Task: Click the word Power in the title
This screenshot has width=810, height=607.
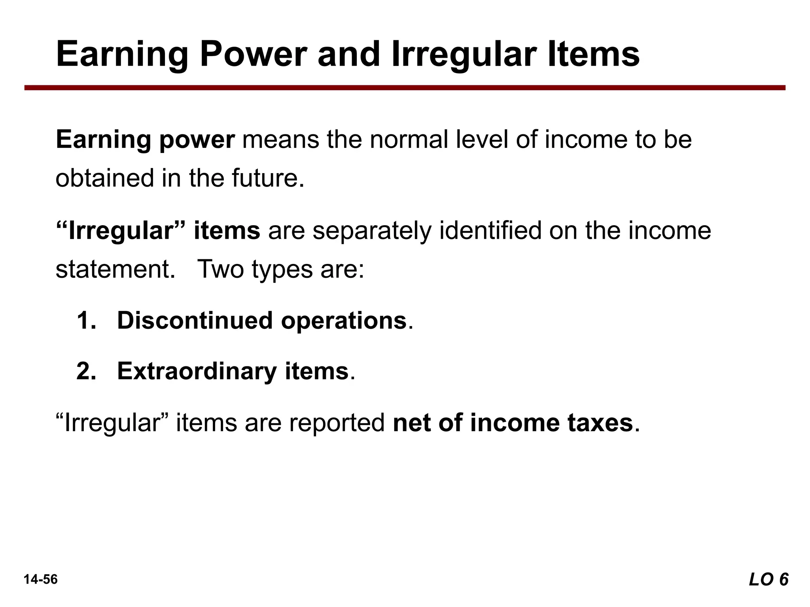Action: click(253, 54)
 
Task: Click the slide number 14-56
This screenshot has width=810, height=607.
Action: click(41, 579)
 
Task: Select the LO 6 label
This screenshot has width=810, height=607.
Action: click(768, 579)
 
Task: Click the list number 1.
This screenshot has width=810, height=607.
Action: click(86, 320)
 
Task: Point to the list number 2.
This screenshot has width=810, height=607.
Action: click(86, 371)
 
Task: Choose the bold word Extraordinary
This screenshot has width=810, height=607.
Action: click(197, 371)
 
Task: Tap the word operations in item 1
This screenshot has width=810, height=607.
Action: click(344, 320)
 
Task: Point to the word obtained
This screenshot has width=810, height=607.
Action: click(104, 178)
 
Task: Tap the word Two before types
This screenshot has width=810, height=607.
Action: click(220, 270)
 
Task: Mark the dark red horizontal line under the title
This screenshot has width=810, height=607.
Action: click(405, 88)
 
